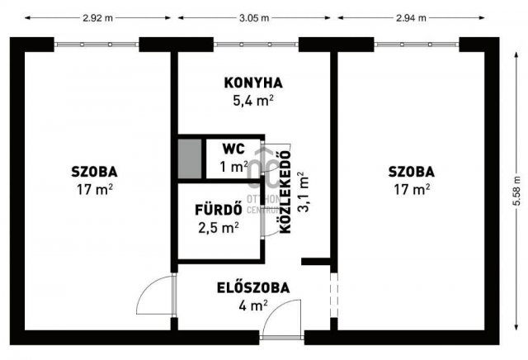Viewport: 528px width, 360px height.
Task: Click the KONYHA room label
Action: pos(253,83)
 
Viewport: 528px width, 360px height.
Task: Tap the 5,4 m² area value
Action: pos(253,101)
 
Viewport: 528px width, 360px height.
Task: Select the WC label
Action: pos(233,149)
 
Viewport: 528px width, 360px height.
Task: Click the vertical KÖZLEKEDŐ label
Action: pos(285,192)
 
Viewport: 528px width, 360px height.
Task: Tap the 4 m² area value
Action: pos(252,306)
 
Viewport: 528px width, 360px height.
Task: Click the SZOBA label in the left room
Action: pos(93,172)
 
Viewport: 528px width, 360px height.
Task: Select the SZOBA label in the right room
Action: pos(412,172)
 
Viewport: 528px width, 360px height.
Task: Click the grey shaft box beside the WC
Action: pos(189,159)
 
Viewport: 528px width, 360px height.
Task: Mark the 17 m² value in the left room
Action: pos(93,189)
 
